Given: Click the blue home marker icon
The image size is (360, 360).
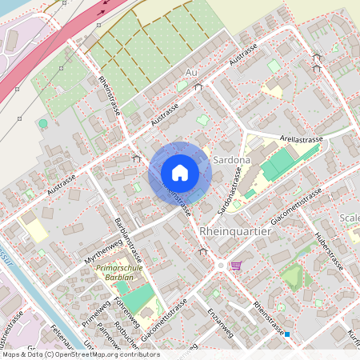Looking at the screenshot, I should click(x=179, y=173).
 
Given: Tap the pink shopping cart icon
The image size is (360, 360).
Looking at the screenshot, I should click(x=235, y=266).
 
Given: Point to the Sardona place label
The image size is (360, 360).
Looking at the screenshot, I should click(x=232, y=160).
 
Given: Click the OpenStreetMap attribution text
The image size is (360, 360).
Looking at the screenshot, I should click(x=80, y=354).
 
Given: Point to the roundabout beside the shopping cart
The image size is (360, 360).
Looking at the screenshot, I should click(x=221, y=265).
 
